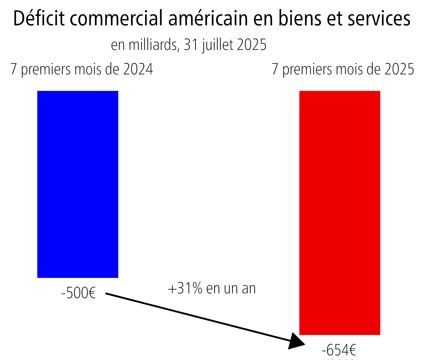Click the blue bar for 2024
[78, 184]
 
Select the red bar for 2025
[339, 213]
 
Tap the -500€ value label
[78, 293]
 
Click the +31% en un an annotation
[212, 288]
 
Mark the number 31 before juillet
[190, 45]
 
